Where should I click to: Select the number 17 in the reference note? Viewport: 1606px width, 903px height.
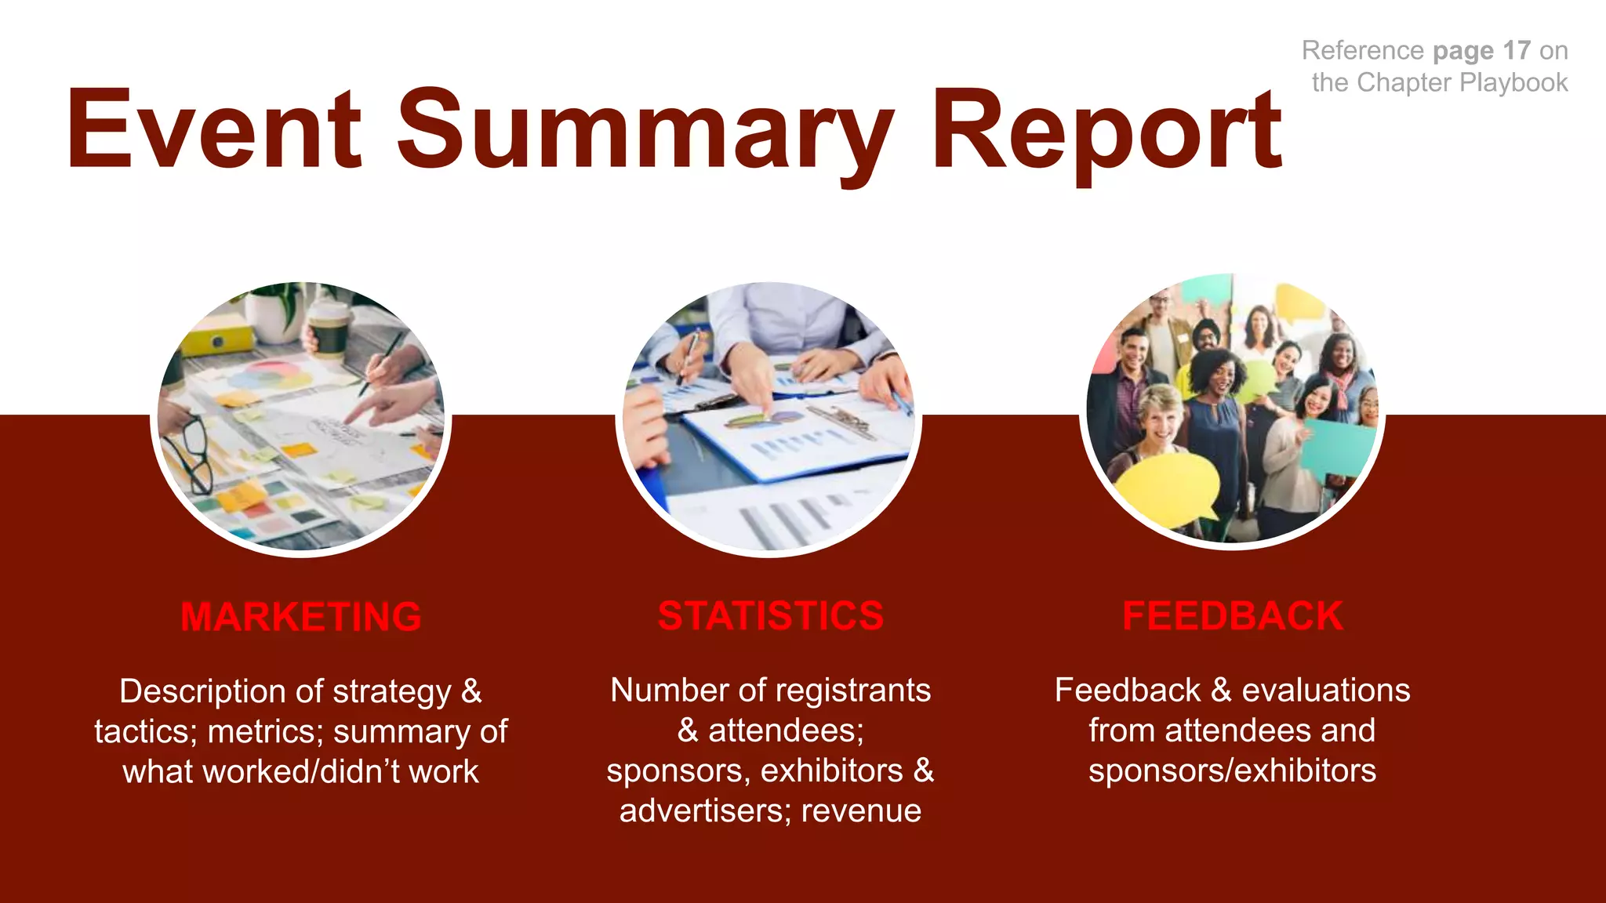tap(1517, 51)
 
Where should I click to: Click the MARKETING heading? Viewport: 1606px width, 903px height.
tap(301, 617)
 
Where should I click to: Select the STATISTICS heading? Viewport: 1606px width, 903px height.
tap(770, 616)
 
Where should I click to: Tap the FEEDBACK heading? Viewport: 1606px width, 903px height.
tap(1232, 616)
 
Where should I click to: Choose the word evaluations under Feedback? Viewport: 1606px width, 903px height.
tap(1325, 691)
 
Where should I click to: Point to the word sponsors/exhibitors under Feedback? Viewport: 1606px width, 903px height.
tap(1232, 771)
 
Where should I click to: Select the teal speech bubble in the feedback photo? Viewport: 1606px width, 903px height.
tap(1337, 447)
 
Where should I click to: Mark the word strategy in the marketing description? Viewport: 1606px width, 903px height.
tap(391, 692)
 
